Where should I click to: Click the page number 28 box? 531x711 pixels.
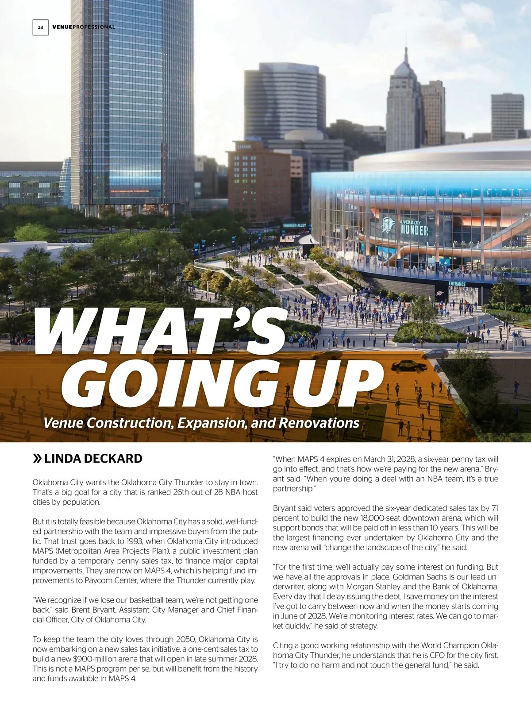(x=40, y=27)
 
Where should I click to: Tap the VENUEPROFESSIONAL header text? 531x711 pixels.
(x=84, y=27)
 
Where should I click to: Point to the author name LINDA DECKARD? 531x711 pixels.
(x=93, y=459)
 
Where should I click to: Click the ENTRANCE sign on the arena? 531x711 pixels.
(x=457, y=284)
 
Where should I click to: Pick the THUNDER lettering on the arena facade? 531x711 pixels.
(x=415, y=230)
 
